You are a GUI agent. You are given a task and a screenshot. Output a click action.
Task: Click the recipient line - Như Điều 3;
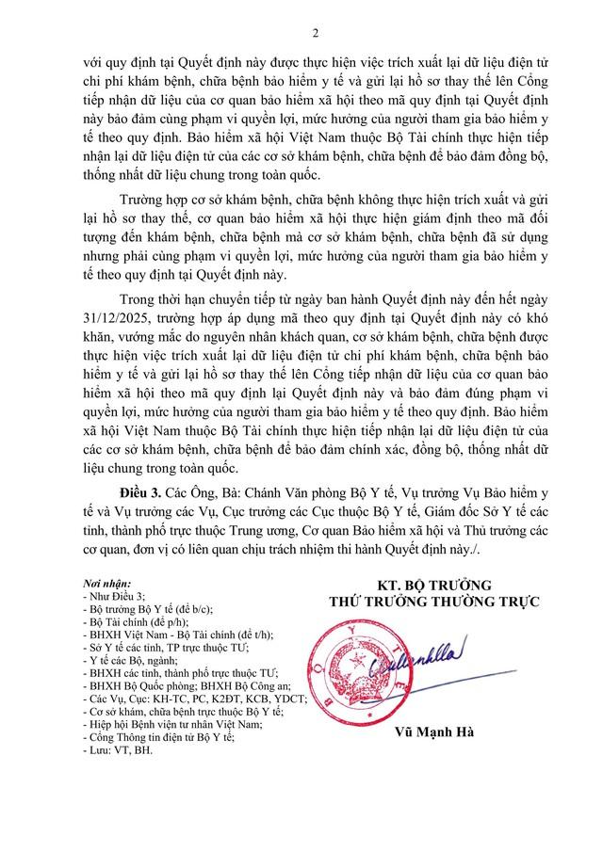coord(114,597)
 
